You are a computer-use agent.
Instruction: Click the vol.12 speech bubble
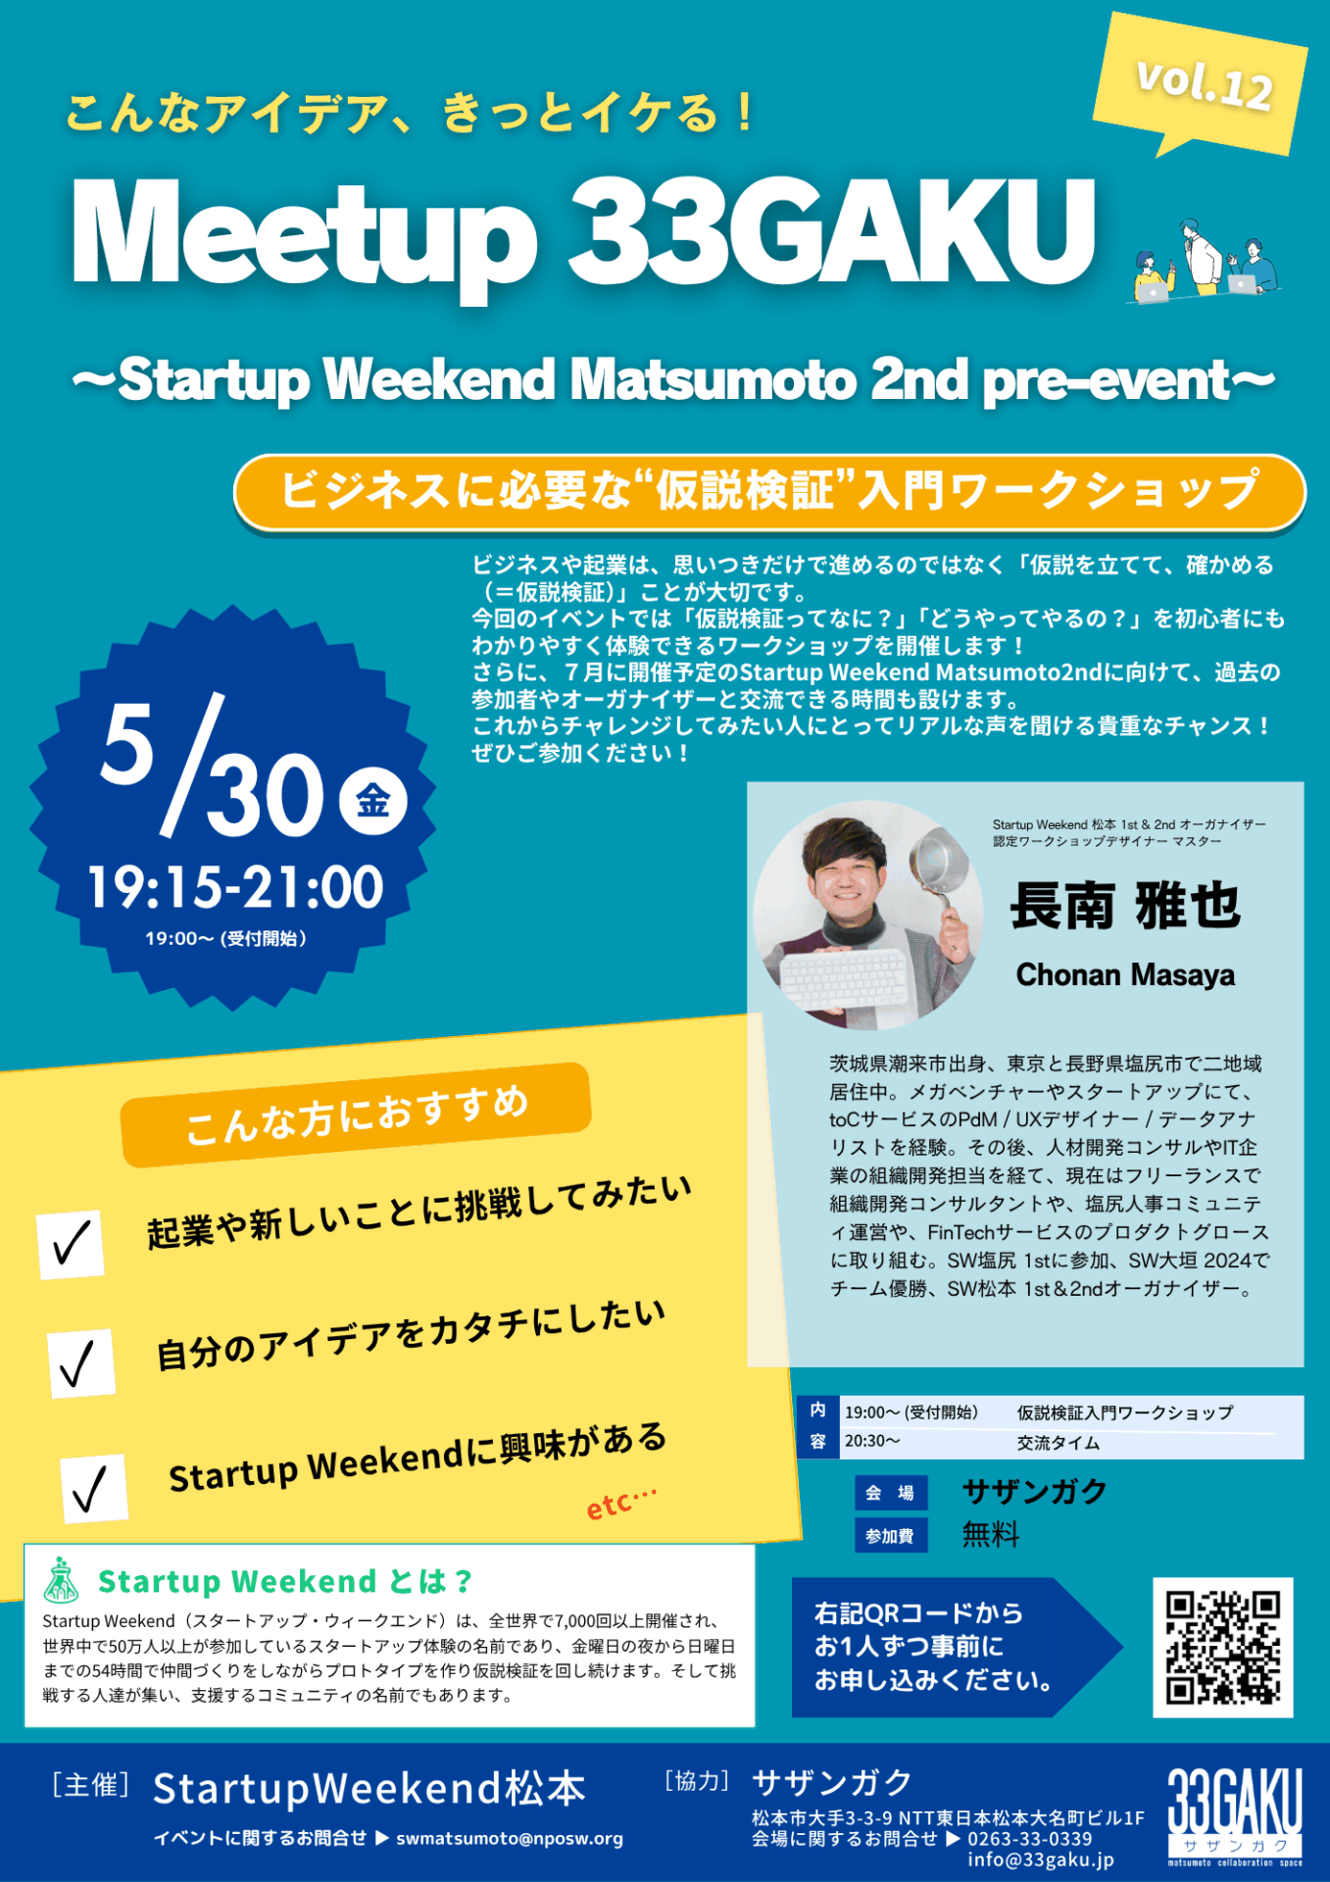1201,83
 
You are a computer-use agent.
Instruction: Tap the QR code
1222,1647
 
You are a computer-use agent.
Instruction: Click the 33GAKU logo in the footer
1235,1816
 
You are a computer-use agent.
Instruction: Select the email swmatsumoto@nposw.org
510,1838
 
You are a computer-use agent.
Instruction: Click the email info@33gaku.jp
1041,1859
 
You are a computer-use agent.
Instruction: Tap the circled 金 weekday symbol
372,801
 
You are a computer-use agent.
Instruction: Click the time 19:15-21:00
235,887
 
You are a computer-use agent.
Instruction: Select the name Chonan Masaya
1125,974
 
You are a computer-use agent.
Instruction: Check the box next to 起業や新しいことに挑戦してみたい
71,1244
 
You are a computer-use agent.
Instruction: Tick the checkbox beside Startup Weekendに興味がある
93,1489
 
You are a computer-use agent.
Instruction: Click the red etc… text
620,1503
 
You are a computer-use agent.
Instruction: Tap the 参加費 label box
890,1536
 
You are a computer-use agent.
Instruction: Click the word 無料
991,1534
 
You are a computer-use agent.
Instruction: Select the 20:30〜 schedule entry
872,1441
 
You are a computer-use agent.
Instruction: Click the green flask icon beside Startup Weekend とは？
62,1579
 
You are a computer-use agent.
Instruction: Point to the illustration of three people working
1206,260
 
